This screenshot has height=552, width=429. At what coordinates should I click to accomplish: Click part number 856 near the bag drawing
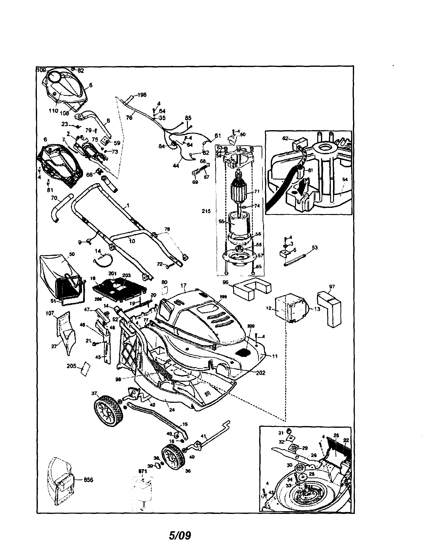[x=88, y=480]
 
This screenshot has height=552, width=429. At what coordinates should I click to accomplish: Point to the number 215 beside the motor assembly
[x=206, y=211]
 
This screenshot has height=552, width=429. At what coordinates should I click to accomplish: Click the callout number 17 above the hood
[x=183, y=285]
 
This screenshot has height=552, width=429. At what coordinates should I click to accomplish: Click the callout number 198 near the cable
[x=142, y=95]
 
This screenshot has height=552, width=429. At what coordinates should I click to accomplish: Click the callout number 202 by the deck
[x=260, y=373]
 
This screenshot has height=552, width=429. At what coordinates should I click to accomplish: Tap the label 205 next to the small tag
[x=71, y=366]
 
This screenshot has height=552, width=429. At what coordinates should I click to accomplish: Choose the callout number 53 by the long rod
[x=315, y=247]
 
